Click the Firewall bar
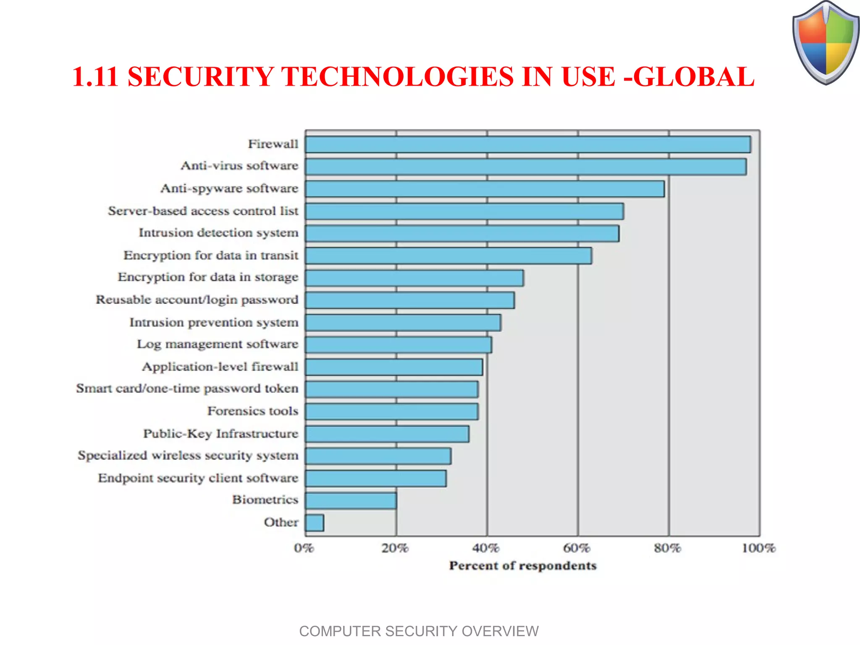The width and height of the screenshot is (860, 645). [x=528, y=144]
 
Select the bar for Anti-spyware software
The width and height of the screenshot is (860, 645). [x=485, y=189]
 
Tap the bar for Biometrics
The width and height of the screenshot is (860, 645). [x=351, y=501]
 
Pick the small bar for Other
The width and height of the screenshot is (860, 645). [x=315, y=523]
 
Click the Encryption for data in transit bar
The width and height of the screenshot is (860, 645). [x=448, y=256]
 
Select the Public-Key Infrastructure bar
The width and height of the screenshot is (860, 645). [x=387, y=434]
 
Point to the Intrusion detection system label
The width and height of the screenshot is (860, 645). [x=218, y=233]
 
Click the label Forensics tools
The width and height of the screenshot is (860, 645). [x=252, y=411]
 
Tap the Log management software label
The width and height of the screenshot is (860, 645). [x=217, y=344]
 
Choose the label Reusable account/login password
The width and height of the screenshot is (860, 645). [x=197, y=300]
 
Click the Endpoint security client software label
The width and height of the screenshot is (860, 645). [x=198, y=478]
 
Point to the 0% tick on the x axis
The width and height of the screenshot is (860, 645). [x=304, y=548]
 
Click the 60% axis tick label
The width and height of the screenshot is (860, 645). [x=577, y=548]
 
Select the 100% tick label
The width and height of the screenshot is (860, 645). [x=758, y=548]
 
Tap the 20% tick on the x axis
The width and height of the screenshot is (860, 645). [x=395, y=548]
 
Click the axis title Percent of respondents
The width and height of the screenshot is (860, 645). [x=523, y=566]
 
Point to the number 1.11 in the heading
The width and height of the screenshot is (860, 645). [x=95, y=77]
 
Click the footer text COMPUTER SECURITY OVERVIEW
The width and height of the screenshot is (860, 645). [x=419, y=631]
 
